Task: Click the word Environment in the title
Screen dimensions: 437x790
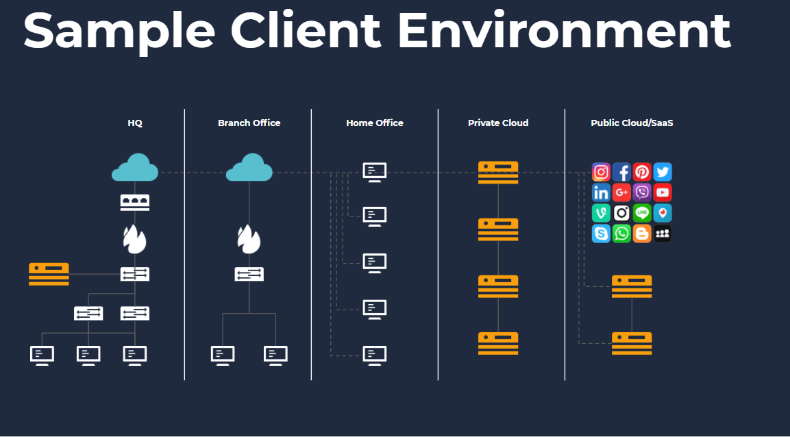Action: point(564,30)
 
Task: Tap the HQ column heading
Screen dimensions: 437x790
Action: point(135,123)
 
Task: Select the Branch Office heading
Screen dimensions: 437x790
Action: point(249,123)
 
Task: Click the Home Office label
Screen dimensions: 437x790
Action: point(375,123)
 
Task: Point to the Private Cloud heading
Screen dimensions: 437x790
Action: point(498,123)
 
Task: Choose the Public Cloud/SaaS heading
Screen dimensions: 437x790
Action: point(632,123)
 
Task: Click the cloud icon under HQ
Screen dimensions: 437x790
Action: point(135,168)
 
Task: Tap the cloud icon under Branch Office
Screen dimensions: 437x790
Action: point(249,168)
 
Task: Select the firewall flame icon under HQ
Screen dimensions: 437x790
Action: point(135,239)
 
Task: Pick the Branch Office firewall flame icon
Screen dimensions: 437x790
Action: point(249,239)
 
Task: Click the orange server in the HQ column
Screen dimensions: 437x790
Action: point(49,274)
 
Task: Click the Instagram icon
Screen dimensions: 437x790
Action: point(601,172)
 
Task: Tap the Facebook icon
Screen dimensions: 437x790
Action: point(621,172)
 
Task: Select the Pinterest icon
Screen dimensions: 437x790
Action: point(642,172)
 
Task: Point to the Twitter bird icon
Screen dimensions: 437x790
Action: point(663,172)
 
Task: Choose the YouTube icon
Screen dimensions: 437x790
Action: point(663,192)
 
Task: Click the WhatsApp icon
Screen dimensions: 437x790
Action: point(621,234)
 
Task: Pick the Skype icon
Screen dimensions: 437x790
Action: point(601,234)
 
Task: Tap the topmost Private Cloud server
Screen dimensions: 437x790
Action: point(498,172)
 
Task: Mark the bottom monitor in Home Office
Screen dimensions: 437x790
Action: point(375,355)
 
